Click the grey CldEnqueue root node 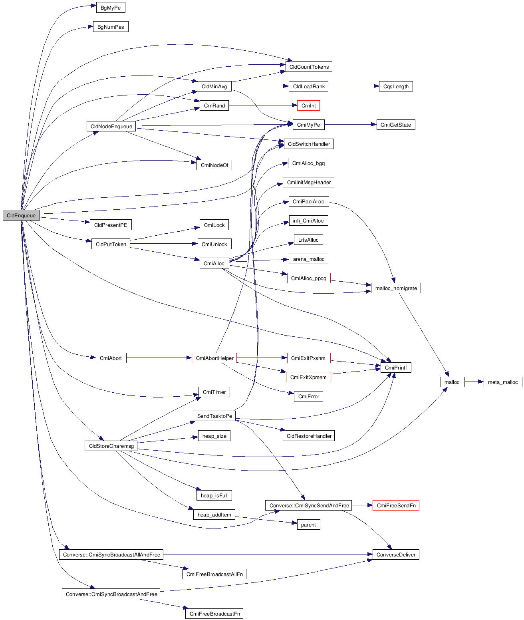[21, 215]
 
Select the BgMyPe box [111, 8]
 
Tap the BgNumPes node [111, 27]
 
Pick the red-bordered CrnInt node [308, 105]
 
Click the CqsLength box [396, 86]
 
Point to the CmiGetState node [395, 125]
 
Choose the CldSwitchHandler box [309, 144]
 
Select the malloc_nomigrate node [396, 288]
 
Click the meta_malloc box [502, 382]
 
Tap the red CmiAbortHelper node [214, 358]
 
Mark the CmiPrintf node [395, 368]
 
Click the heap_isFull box [214, 495]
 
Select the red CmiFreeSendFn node [396, 505]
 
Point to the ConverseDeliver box [396, 554]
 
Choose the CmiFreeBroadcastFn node [214, 614]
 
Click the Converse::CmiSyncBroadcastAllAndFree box [111, 554]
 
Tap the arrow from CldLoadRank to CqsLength [353, 86]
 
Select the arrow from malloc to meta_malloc [474, 382]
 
